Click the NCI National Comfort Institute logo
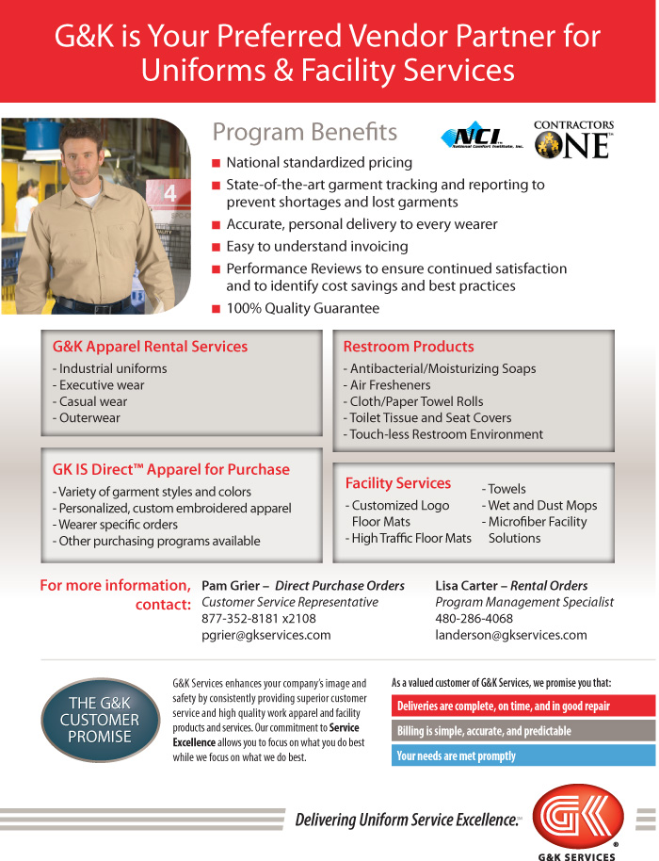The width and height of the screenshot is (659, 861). coord(478,139)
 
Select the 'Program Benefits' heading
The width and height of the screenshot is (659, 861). coord(304,132)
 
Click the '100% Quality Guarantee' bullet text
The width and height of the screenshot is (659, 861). coord(302,308)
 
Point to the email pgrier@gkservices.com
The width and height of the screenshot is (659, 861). coord(265,635)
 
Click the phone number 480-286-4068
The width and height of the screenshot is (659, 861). coord(474,619)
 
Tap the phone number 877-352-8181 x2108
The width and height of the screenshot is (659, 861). coord(259,619)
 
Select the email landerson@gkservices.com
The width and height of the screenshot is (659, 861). coord(510,635)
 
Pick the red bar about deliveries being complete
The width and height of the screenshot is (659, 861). coord(522,706)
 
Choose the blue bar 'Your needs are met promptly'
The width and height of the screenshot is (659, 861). coord(522,755)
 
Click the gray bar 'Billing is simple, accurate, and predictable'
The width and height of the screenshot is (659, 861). coord(522,731)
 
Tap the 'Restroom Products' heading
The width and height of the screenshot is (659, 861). coord(408,347)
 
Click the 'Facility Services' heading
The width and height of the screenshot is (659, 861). coord(397,483)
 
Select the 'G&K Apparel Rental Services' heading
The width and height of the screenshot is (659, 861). coord(150,347)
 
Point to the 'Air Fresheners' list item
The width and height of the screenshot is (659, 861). coord(390,385)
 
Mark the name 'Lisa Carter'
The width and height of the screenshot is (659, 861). coord(465,586)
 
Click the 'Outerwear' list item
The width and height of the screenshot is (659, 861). coord(88,418)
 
